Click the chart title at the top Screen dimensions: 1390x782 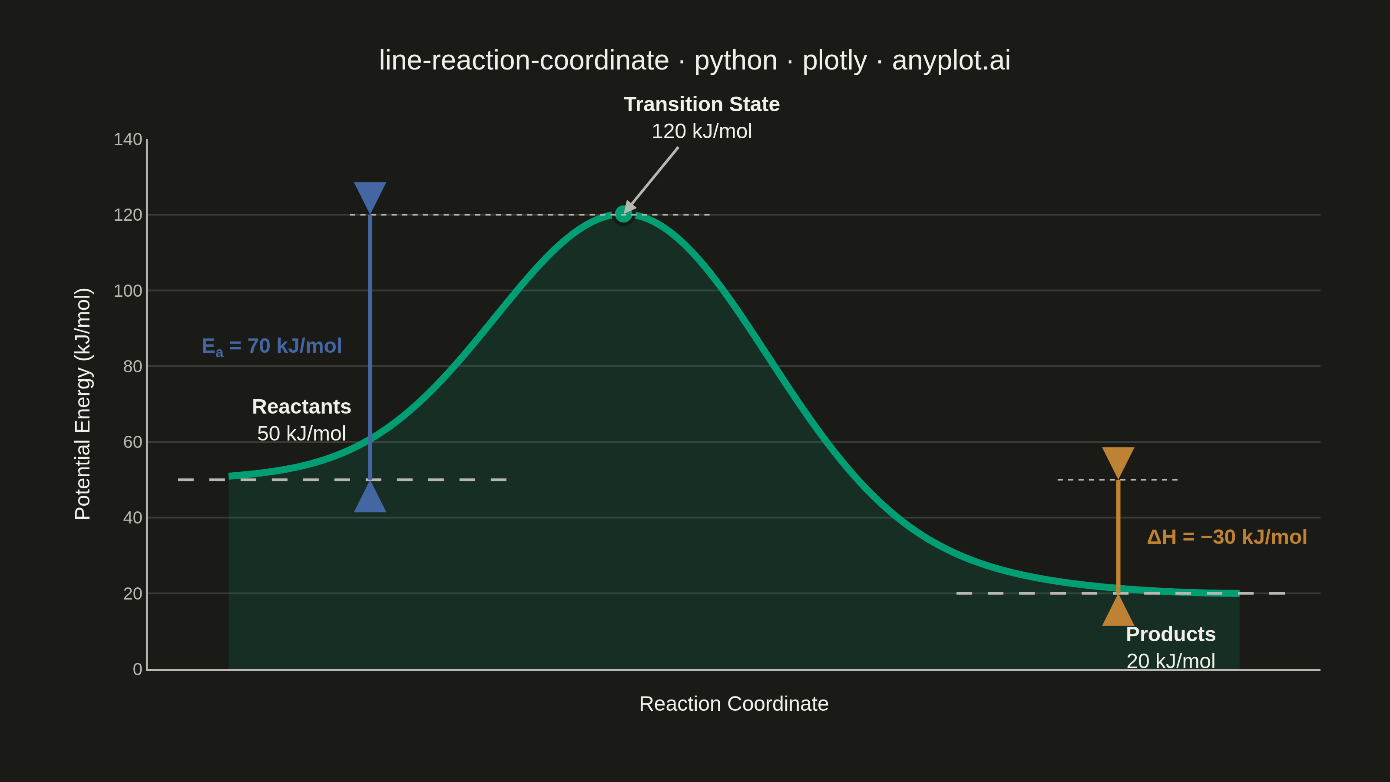click(695, 60)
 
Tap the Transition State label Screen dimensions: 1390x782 click(702, 104)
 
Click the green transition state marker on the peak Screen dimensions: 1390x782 click(623, 215)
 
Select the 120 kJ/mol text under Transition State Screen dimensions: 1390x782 click(702, 131)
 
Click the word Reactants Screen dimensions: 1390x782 click(301, 406)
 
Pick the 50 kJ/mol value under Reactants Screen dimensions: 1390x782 click(301, 434)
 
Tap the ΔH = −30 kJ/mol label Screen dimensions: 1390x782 click(1227, 537)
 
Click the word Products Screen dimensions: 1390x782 click(1170, 634)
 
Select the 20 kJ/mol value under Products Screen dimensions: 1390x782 click(1170, 661)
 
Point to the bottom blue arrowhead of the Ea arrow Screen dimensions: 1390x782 click(370, 497)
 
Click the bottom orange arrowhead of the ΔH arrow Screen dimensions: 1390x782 click(1118, 610)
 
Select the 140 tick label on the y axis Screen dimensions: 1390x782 click(128, 139)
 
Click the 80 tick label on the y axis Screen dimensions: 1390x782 click(133, 366)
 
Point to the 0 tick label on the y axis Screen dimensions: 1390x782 click(138, 669)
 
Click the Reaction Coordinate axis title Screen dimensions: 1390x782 click(734, 704)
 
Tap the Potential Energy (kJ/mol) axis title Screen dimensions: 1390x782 click(83, 404)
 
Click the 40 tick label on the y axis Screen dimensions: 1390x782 click(133, 517)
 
